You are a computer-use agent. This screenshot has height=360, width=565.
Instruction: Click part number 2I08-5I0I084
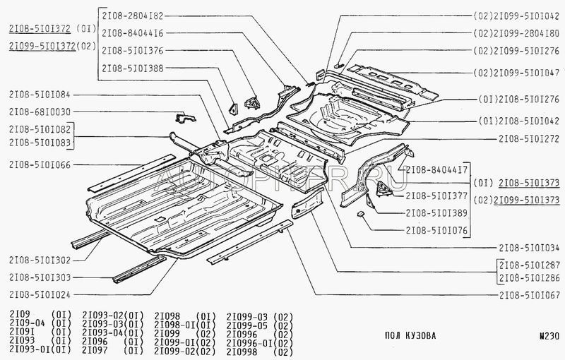pos(40,94)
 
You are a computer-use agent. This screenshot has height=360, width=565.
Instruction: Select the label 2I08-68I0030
pos(40,112)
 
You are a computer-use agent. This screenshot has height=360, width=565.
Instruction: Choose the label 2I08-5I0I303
pos(40,277)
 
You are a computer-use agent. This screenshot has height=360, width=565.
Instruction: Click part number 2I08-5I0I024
pos(40,294)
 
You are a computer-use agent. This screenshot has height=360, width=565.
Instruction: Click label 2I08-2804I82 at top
pos(133,15)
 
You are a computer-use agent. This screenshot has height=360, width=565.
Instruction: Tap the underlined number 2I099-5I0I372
pos(40,45)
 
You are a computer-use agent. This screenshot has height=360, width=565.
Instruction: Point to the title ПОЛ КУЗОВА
pos(412,335)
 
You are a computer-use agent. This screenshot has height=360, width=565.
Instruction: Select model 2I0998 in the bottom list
pos(244,351)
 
